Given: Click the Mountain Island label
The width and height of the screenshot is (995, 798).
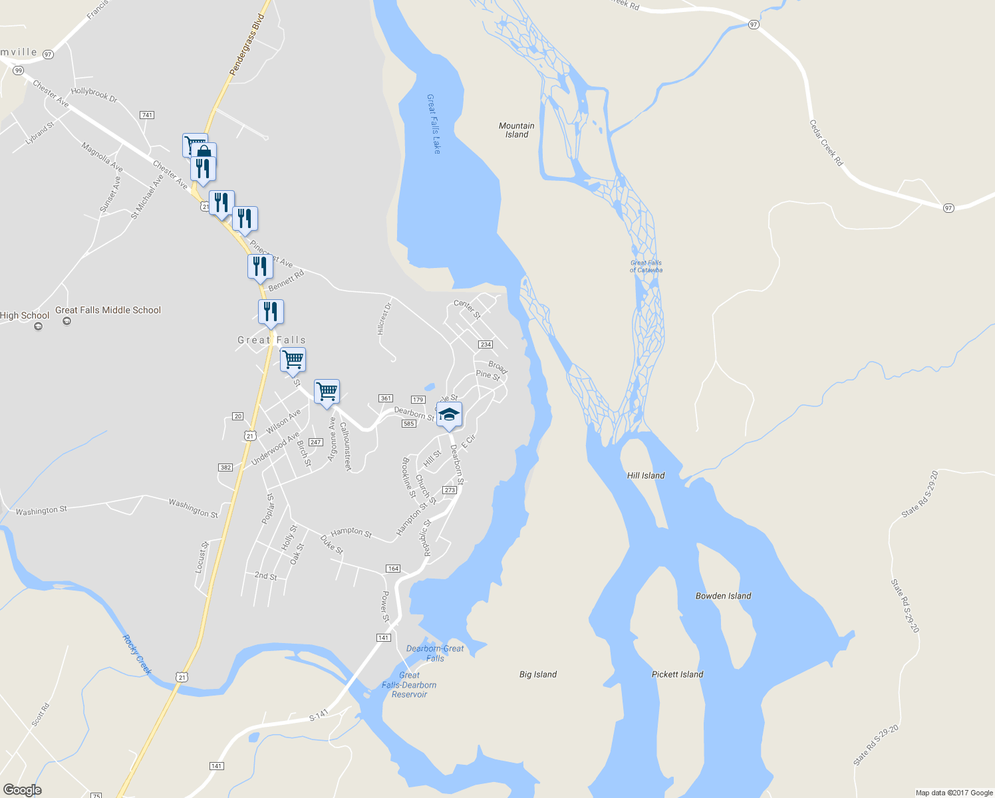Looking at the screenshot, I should pos(517,130).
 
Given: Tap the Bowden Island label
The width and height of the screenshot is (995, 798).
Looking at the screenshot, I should pos(723,596).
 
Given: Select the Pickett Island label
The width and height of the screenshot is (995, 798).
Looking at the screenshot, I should pos(677,674).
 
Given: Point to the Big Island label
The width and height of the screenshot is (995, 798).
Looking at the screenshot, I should pos(538,674).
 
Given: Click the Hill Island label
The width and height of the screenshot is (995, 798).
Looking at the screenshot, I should pos(646,475).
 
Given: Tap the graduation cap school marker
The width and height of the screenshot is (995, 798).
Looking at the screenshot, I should pos(449,415).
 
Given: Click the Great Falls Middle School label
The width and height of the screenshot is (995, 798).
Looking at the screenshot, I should pos(108,310).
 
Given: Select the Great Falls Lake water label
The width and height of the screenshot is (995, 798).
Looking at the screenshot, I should pos(434,124).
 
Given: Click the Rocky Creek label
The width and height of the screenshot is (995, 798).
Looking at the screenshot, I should pos(137,654).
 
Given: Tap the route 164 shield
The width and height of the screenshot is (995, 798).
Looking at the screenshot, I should pos(393,569).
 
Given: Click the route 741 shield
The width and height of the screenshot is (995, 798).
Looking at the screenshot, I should pos(147,115).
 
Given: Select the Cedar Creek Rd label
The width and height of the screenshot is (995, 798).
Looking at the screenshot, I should pos(826,143).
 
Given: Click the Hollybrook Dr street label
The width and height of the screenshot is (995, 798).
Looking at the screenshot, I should pos(94,94).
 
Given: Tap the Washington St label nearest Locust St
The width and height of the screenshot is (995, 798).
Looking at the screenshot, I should pos(193,509).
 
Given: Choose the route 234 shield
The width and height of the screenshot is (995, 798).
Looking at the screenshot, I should pos(485,344).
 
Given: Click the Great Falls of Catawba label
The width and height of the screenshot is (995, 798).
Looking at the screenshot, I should pos(646,267).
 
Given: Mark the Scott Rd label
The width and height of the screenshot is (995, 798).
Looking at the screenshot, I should pos(40,715).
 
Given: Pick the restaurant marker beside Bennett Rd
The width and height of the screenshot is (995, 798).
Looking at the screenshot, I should pos(260,267).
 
